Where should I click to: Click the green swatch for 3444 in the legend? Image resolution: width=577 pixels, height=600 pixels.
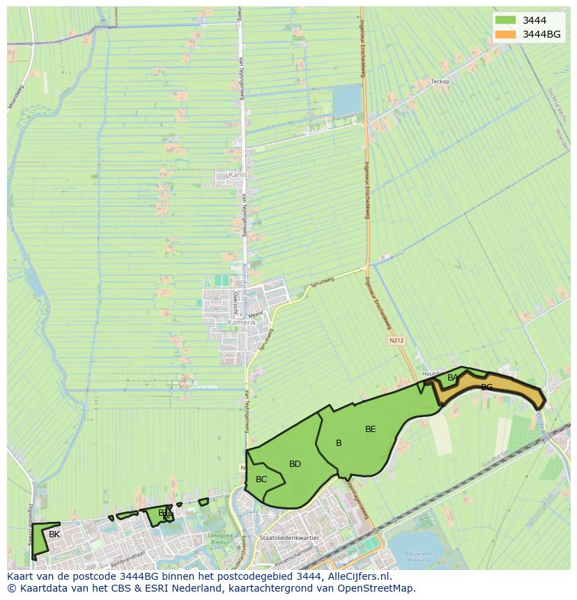click(x=505, y=20)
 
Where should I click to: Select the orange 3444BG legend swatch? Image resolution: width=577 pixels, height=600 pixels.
click(x=505, y=34)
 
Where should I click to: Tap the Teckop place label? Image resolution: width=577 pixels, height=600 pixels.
click(x=440, y=82)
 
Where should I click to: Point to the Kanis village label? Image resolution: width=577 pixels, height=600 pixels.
click(x=238, y=175)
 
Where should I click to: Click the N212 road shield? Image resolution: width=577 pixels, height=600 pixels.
click(x=396, y=341)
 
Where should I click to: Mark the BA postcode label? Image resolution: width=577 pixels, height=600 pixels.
click(x=453, y=378)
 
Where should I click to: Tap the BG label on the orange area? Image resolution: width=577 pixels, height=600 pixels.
click(x=486, y=387)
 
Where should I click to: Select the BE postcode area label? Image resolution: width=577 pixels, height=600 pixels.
click(x=370, y=429)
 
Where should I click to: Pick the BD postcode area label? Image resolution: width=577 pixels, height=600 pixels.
click(x=295, y=464)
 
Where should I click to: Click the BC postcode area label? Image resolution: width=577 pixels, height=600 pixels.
click(x=261, y=479)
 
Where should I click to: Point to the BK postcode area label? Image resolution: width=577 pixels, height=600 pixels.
click(x=54, y=534)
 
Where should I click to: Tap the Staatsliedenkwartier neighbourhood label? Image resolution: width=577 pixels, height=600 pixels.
click(x=288, y=538)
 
